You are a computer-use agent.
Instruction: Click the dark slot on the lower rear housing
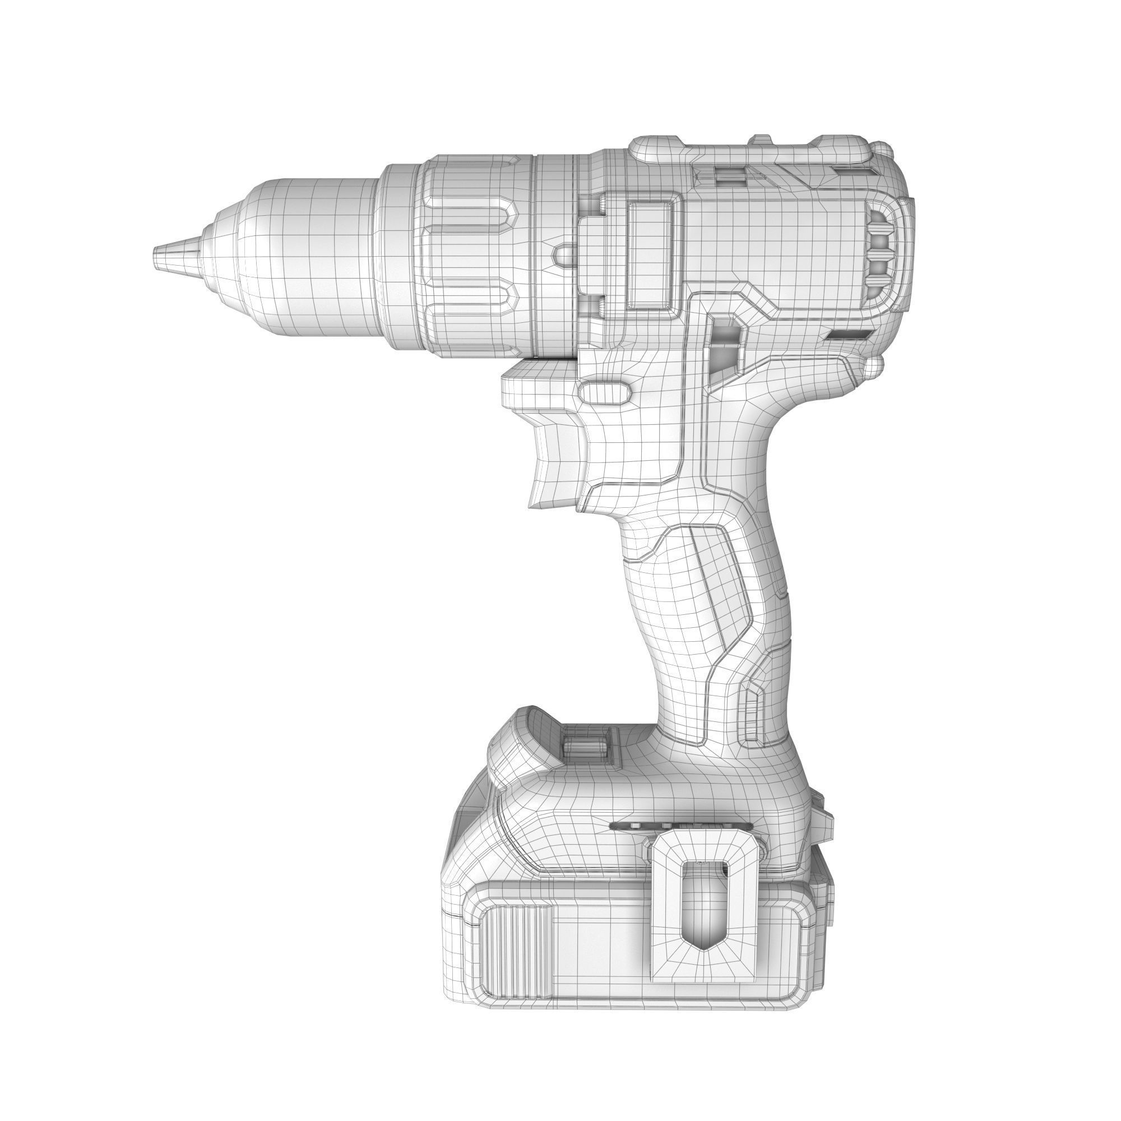pyautogui.click(x=849, y=335)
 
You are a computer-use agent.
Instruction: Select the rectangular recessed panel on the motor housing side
pyautogui.click(x=654, y=255)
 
